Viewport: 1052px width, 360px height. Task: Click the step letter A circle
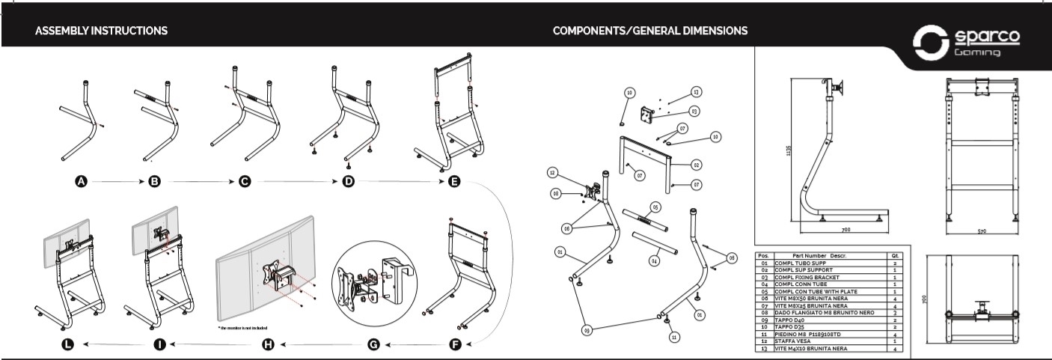tap(81, 182)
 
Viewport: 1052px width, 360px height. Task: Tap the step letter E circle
tap(453, 182)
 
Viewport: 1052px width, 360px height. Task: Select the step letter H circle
tap(267, 344)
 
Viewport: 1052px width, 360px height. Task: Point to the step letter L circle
tap(68, 344)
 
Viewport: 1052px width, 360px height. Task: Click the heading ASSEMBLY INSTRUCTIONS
tap(101, 31)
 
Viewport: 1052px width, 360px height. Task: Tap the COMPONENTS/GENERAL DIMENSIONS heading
tap(649, 31)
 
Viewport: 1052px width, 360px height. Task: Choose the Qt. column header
tap(895, 256)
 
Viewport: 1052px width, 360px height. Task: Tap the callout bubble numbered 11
tap(674, 338)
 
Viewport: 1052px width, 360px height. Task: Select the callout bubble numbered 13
tap(696, 91)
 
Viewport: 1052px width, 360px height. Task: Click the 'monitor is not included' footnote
tap(242, 328)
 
